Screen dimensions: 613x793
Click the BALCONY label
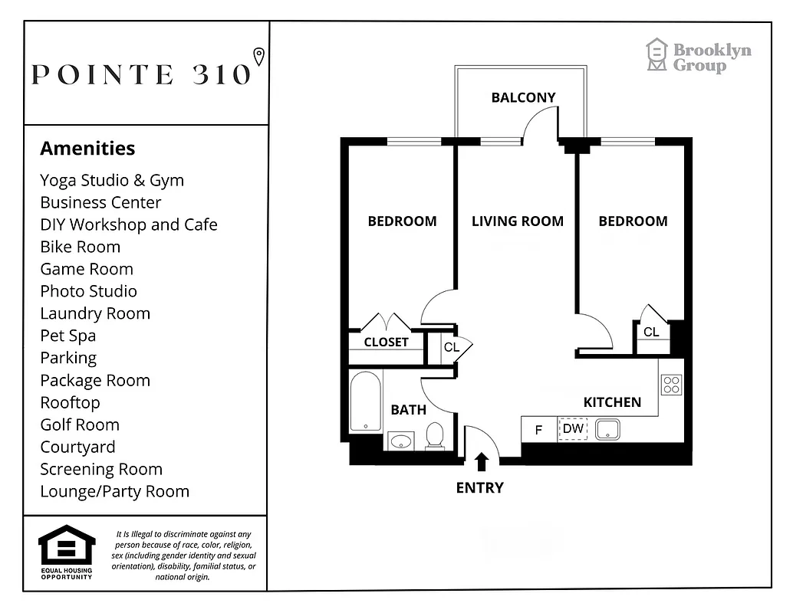coord(523,97)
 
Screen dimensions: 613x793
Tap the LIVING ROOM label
coord(517,221)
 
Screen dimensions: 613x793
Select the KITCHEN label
coord(611,402)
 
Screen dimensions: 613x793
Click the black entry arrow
coord(482,461)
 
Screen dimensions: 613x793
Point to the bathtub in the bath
coord(365,402)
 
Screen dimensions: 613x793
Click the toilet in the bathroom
coord(435,434)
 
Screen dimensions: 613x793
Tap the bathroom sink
coord(400,441)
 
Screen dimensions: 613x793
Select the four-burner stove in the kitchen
coord(671,385)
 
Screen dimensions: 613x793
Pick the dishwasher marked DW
coord(572,429)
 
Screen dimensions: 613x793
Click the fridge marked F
coord(538,430)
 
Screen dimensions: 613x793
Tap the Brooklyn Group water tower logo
coord(656,55)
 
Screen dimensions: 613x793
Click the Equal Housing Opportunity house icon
coord(67,546)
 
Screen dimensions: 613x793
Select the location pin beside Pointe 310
coord(259,56)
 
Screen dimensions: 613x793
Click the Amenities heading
coord(87,149)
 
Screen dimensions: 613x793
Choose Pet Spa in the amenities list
coord(68,336)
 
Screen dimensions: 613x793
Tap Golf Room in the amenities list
coord(80,425)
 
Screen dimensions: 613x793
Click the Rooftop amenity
coord(70,402)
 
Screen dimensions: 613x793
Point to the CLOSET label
coord(386,343)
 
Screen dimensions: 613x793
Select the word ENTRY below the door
coord(479,487)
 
